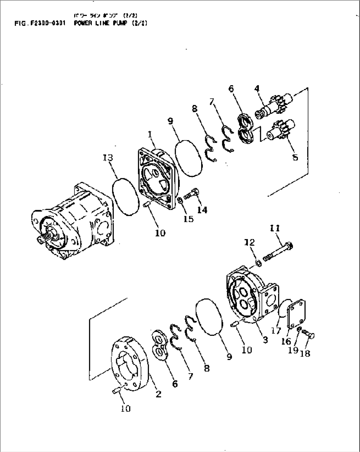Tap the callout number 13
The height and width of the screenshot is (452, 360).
click(x=108, y=158)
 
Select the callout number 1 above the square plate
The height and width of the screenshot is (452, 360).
click(x=150, y=134)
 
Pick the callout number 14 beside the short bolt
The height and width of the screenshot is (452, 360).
click(x=202, y=210)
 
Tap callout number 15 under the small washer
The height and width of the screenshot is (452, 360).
click(x=188, y=219)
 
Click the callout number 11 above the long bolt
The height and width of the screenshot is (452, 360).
click(x=275, y=228)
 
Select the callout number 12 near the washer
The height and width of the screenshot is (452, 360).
click(x=250, y=242)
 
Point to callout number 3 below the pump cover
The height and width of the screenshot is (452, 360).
click(x=265, y=340)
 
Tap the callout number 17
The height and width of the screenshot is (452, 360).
click(x=276, y=330)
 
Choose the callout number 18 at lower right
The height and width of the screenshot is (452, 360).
click(x=306, y=353)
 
